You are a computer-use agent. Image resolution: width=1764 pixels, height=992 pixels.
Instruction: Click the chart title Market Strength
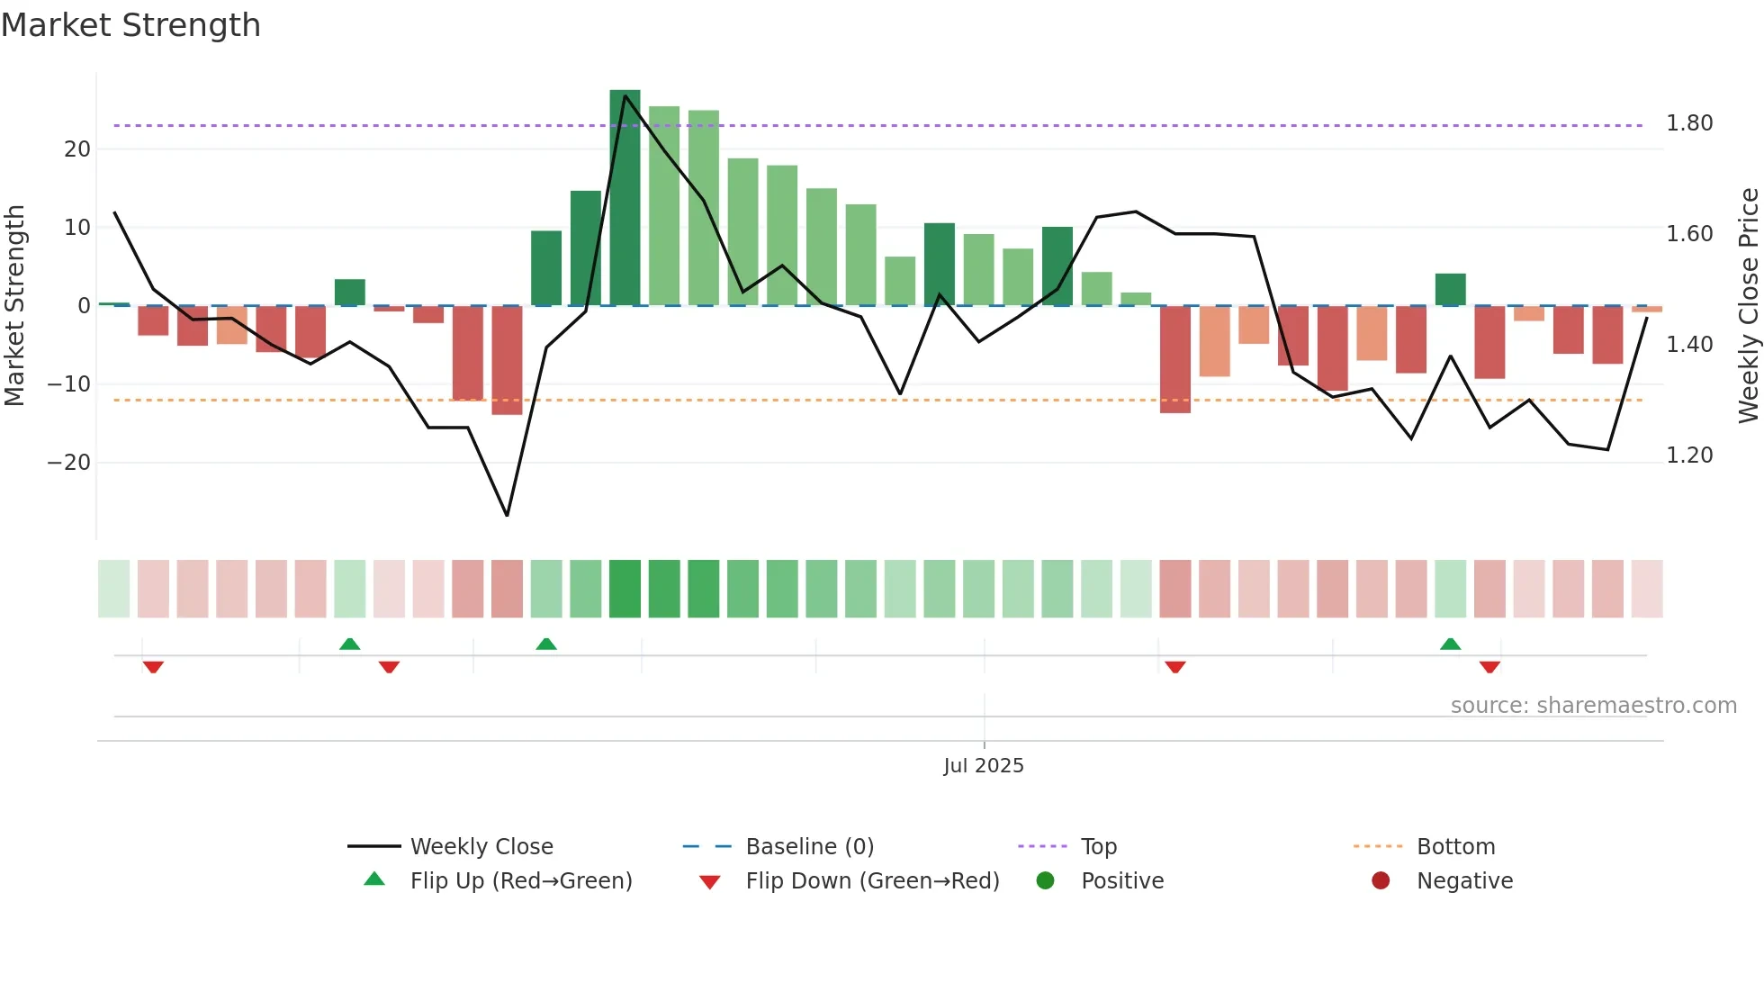point(130,25)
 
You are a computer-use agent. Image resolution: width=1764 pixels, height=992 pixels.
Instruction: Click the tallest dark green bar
point(625,198)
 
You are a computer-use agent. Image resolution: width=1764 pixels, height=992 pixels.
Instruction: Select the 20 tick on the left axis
point(77,149)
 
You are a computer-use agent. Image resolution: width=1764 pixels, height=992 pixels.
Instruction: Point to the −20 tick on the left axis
point(69,463)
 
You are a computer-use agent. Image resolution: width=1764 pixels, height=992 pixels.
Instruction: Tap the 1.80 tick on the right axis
point(1688,123)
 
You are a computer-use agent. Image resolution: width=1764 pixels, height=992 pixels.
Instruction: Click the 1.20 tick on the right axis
point(1688,455)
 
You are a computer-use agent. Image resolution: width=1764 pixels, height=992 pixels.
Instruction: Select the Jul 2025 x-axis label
point(983,766)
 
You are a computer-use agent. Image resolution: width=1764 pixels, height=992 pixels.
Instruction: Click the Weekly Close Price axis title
point(1748,306)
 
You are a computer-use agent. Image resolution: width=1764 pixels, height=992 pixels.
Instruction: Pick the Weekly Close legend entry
point(481,847)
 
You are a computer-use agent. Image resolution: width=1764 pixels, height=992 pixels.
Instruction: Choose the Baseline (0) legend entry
point(809,847)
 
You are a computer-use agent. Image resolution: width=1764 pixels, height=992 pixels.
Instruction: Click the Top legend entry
point(1098,847)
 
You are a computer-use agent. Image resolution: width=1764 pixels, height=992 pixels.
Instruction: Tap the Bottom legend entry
point(1455,847)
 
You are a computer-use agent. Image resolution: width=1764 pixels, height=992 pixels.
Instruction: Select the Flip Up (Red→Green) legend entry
point(520,881)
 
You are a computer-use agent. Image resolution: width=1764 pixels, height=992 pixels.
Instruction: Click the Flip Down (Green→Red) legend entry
point(872,881)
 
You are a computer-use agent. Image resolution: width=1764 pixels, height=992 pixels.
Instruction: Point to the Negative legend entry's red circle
point(1381,881)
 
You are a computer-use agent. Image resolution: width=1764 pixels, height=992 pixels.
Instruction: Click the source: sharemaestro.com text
point(1593,706)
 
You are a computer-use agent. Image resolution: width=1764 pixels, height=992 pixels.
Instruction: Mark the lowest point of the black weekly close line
point(508,515)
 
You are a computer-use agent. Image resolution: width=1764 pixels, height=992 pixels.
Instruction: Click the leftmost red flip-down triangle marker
point(153,667)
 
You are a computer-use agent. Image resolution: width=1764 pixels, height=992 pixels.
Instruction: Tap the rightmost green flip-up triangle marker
point(1450,644)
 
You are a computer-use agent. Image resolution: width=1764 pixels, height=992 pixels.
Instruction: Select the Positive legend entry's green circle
point(1045,881)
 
